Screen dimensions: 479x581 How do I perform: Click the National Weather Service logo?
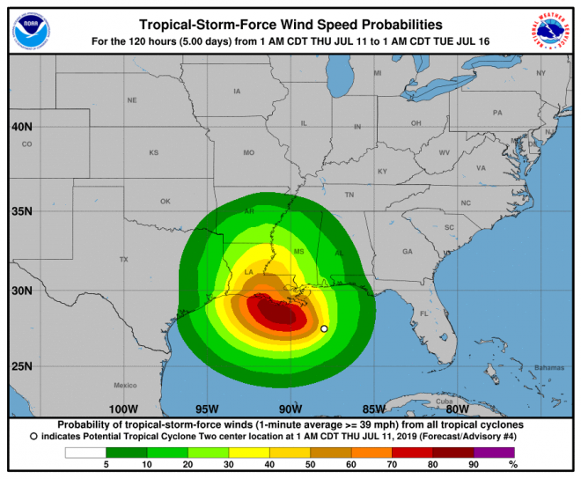point(551,30)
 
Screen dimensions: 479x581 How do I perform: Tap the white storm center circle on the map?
point(324,328)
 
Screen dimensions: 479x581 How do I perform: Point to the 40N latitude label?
point(22,127)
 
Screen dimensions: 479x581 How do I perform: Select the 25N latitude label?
point(22,366)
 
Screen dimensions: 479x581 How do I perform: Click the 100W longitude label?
point(123,409)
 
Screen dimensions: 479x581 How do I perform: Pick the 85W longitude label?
point(373,409)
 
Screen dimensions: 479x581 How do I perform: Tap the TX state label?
point(124,259)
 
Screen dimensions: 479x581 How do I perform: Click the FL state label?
point(423,313)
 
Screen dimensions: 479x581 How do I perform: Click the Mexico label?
point(125,386)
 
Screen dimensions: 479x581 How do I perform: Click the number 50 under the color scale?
point(308,464)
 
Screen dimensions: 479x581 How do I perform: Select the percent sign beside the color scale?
point(514,464)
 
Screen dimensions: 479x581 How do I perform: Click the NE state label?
point(132,100)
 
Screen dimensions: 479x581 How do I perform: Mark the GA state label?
point(408,252)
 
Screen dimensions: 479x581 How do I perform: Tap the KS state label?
point(153,152)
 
